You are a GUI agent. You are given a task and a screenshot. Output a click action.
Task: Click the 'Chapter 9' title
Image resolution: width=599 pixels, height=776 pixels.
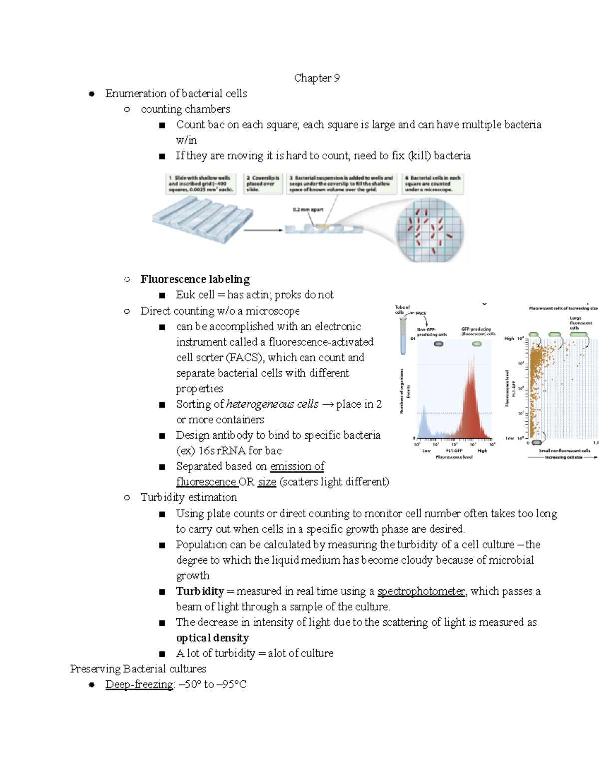pos(316,78)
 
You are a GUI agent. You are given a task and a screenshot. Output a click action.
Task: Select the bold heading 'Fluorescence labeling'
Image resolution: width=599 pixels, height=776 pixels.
pos(195,279)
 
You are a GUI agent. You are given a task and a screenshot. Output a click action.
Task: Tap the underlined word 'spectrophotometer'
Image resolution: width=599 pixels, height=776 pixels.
pos(421,591)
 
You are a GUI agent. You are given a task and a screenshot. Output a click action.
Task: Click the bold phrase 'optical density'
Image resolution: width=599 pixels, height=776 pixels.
pos(212,638)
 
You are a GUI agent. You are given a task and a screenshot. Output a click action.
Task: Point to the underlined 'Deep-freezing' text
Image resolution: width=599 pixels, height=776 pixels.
pos(139,684)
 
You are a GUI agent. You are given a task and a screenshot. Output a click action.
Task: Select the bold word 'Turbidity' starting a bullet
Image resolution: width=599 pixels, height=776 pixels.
pos(200,591)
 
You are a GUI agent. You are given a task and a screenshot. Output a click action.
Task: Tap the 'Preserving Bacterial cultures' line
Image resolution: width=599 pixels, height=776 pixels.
pos(138,669)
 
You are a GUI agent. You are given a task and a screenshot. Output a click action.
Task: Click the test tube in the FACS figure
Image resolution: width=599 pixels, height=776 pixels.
pos(403,335)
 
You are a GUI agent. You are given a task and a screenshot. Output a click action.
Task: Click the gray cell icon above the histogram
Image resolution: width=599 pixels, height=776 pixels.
pos(438,344)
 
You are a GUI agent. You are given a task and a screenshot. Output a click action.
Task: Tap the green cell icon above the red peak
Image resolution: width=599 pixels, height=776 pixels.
pos(477,344)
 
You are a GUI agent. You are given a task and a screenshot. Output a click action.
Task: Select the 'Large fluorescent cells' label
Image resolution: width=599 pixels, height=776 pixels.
pos(580,323)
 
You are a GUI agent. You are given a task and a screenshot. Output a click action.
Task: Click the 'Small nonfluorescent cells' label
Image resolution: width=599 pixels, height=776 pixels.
pos(564,450)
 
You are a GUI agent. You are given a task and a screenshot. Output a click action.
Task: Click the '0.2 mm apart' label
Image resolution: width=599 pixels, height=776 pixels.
pos(308,210)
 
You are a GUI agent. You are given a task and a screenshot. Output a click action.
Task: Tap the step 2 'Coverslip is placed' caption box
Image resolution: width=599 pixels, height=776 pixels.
pos(263,183)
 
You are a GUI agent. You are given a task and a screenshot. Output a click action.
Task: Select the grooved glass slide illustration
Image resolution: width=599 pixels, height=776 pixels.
pos(202,219)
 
